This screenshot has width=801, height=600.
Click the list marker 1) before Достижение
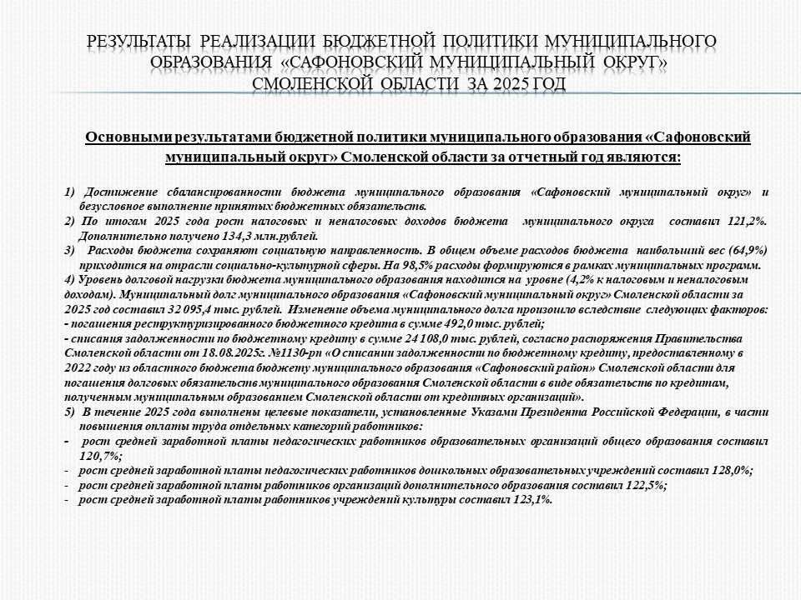tap(70, 192)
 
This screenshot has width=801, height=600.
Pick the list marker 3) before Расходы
tap(70, 250)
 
